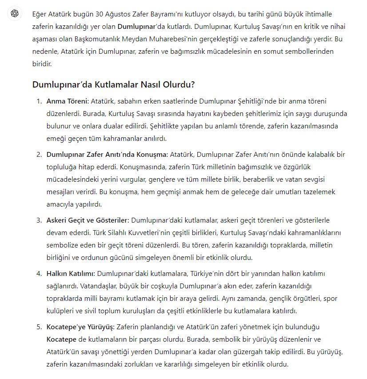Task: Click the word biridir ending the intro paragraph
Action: point(42,64)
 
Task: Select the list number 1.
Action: point(39,101)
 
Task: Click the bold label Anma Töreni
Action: point(67,101)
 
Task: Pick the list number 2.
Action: point(39,155)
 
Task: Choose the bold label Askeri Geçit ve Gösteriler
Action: point(88,220)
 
